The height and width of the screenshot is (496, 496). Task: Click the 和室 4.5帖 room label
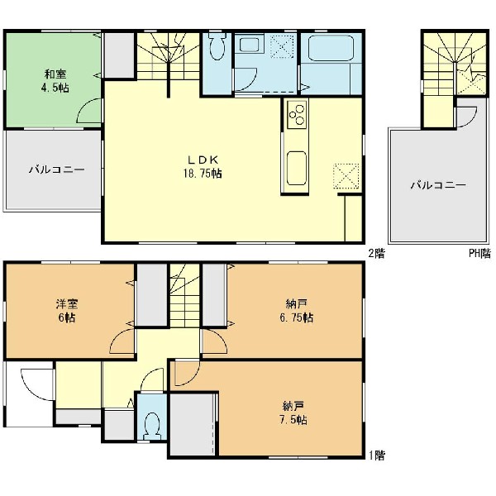click(55, 81)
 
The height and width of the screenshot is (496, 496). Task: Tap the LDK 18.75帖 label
click(203, 167)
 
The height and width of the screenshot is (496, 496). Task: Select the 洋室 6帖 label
click(67, 311)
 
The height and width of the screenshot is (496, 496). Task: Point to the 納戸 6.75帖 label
click(297, 311)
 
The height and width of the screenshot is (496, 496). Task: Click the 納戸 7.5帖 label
click(293, 413)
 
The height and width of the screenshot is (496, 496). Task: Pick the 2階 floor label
click(376, 254)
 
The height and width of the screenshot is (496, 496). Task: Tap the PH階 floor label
click(479, 254)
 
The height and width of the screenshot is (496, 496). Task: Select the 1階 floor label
click(376, 455)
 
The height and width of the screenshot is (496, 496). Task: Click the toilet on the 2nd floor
click(217, 46)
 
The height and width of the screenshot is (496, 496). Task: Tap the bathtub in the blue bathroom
click(331, 48)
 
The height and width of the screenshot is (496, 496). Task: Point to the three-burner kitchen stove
click(297, 114)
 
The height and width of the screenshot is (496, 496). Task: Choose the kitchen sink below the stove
click(297, 169)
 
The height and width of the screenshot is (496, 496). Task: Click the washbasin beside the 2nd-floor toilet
click(249, 45)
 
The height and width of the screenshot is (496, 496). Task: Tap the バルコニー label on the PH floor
click(438, 185)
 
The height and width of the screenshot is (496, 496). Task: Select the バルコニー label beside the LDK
click(57, 169)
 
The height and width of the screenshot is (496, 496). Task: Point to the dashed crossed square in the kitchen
click(346, 176)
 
